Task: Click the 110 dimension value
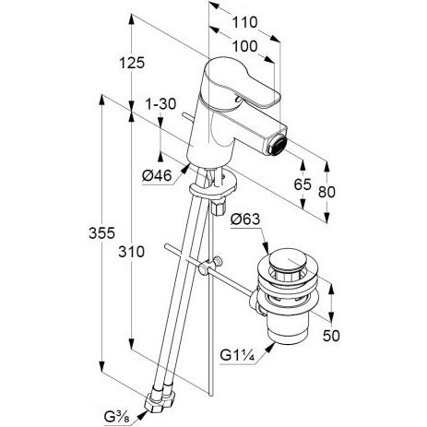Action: tap(244, 23)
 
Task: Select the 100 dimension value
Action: tap(244, 47)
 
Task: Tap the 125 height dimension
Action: tap(132, 63)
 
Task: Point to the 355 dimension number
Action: tap(101, 232)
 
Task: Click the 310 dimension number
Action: tap(132, 252)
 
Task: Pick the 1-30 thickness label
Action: tap(160, 104)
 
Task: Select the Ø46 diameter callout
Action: tap(157, 176)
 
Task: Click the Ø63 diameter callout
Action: tap(245, 219)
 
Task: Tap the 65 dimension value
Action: tap(302, 184)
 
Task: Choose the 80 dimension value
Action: tap(326, 192)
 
